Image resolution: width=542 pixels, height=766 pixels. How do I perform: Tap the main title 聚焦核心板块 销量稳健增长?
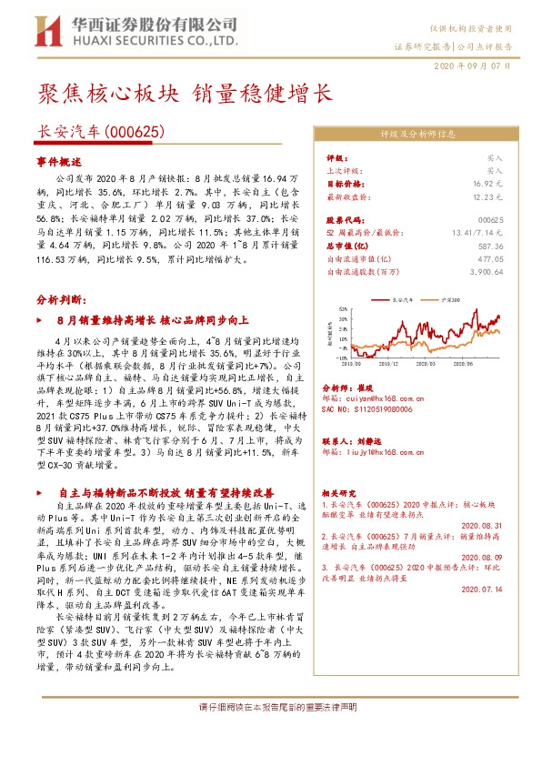(x=185, y=95)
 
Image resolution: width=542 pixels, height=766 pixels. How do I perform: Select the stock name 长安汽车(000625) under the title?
(x=99, y=132)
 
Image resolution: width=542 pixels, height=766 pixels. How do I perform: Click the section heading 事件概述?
(x=59, y=160)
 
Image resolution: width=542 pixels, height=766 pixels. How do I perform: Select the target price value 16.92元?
(x=487, y=183)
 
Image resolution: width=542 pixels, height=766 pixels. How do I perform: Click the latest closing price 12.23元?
(x=487, y=196)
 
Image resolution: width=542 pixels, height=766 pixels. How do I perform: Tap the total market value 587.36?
(x=489, y=246)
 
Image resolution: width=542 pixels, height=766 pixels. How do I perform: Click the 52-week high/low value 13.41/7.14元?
(x=476, y=233)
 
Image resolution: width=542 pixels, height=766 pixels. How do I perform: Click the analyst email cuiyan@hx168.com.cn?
(x=379, y=398)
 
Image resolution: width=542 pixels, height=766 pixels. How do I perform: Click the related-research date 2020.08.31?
(x=482, y=525)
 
